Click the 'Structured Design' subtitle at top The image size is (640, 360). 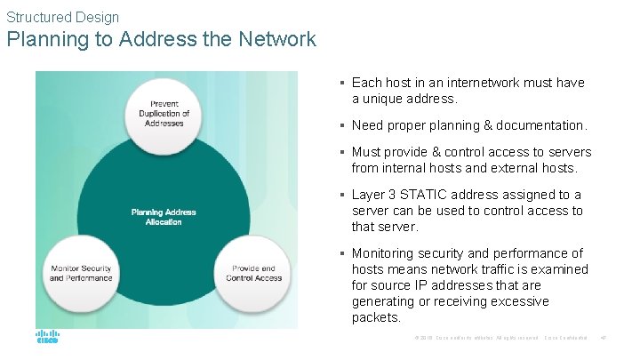62,16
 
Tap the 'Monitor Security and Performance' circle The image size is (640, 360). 80,272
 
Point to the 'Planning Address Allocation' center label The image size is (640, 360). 163,217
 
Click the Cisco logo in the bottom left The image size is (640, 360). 47,338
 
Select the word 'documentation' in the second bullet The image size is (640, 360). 540,125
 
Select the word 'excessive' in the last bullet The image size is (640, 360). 524,301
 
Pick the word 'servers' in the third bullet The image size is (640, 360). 569,152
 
